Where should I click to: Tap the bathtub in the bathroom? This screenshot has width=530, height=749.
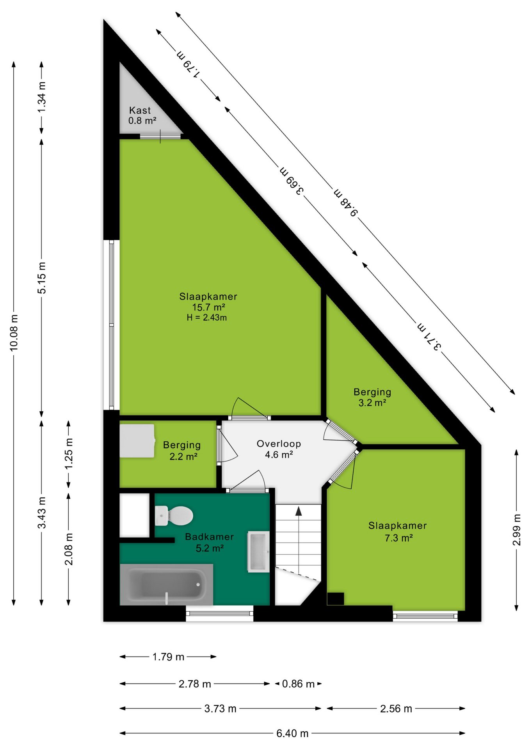point(166,584)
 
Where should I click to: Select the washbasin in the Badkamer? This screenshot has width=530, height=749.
point(258,552)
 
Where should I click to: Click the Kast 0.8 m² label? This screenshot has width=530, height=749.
point(142,115)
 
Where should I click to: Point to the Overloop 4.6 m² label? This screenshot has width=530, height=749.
point(279,449)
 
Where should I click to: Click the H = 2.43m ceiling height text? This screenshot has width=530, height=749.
point(206,318)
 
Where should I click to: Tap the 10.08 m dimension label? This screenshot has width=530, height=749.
point(14,333)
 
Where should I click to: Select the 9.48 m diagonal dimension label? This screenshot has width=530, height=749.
point(345,202)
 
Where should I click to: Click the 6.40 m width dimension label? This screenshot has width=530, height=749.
point(292,733)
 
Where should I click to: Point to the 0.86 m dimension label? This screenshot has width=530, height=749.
point(298,684)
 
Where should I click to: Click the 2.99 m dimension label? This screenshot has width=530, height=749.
point(516,530)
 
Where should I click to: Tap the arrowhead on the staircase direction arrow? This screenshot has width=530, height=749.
point(299,511)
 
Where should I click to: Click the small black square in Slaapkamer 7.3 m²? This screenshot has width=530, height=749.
point(335,599)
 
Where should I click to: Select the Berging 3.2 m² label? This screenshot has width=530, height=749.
point(372,397)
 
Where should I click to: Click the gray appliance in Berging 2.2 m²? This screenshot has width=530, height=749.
point(137,441)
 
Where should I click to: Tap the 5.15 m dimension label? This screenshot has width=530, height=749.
point(41,278)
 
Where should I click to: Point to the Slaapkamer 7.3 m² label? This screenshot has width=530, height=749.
point(398,531)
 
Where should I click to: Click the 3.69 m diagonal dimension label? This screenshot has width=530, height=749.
point(292,181)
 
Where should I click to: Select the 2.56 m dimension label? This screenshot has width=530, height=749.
point(396,708)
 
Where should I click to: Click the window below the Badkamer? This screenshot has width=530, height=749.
point(220,613)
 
